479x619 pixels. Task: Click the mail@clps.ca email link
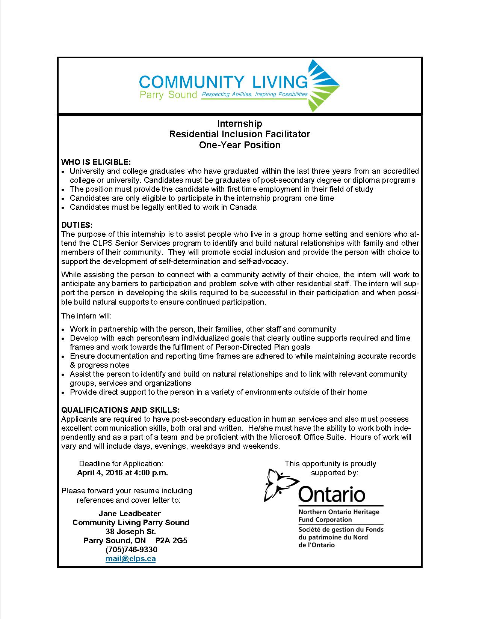tap(130, 559)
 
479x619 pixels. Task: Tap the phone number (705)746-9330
tap(131, 550)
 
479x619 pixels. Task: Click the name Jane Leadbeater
tap(130, 514)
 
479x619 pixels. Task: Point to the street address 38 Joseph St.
tap(131, 532)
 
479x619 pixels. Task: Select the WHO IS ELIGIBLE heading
tap(96, 162)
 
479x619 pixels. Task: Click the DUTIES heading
tap(77, 225)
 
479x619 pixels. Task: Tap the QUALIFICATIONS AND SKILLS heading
tap(121, 410)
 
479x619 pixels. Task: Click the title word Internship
tap(240, 123)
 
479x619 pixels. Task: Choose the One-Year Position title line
tap(240, 145)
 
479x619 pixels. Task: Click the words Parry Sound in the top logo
tap(168, 95)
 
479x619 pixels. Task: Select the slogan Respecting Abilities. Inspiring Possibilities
tap(254, 95)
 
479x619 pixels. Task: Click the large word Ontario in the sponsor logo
tap(331, 494)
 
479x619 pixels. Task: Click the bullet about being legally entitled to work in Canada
tap(163, 207)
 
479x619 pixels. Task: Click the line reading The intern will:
tap(86, 316)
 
